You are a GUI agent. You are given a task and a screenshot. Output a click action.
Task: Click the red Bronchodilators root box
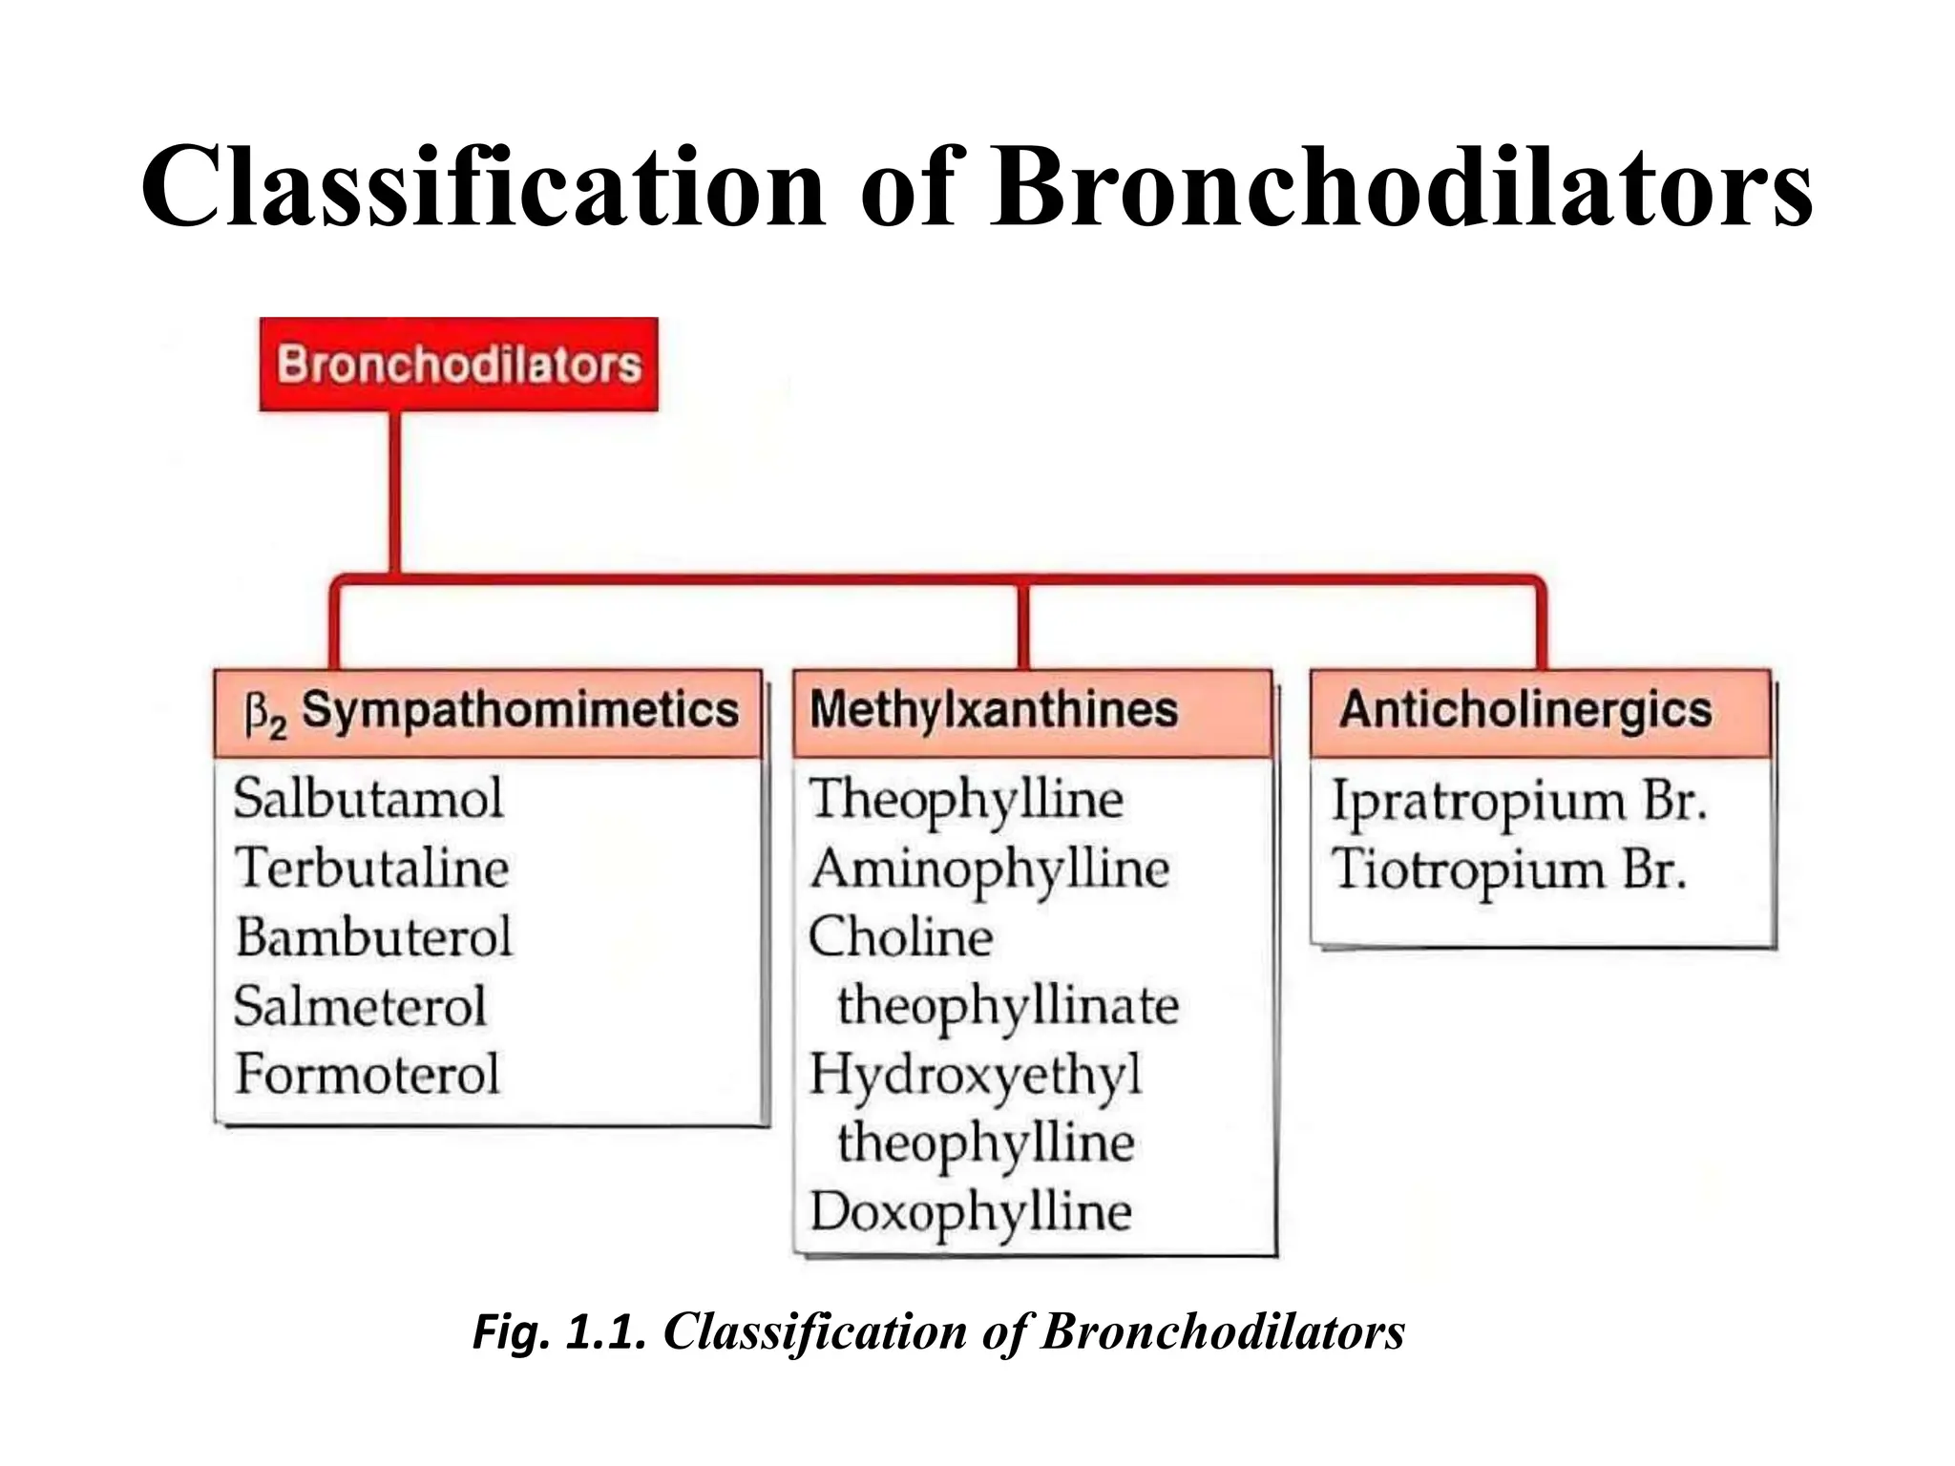click(x=458, y=365)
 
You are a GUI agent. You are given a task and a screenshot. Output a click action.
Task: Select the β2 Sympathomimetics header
click(x=489, y=712)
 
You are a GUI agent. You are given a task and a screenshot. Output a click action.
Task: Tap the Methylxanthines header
click(x=993, y=710)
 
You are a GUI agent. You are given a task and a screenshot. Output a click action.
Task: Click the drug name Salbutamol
click(x=368, y=798)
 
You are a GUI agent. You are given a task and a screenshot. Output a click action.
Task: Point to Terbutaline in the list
click(x=372, y=868)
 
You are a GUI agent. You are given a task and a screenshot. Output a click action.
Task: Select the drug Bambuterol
click(x=374, y=936)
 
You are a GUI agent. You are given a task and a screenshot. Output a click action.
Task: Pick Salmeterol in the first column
click(x=360, y=1006)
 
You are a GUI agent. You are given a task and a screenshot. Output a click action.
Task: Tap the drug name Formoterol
click(x=368, y=1074)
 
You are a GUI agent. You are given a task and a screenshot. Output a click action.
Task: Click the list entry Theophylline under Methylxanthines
click(x=966, y=800)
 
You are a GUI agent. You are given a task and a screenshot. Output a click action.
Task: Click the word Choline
click(x=900, y=936)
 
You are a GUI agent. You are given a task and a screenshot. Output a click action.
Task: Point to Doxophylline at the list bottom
click(x=971, y=1212)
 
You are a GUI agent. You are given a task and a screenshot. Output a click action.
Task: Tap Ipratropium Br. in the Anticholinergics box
click(x=1519, y=800)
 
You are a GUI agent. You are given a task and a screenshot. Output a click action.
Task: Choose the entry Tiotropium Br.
click(x=1509, y=869)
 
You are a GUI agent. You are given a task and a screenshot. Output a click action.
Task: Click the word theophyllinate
click(x=1008, y=1006)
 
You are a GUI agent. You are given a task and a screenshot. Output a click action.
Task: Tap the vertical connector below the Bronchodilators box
click(x=394, y=492)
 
